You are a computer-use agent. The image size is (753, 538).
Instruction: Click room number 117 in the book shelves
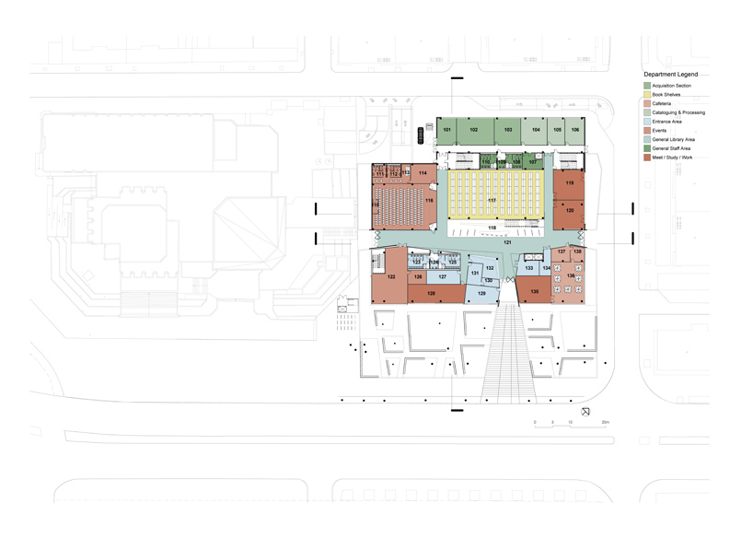point(492,200)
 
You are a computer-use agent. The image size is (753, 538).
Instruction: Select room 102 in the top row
point(473,130)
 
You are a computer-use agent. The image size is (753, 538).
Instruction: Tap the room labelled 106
point(574,130)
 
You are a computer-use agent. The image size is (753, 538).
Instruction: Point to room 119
point(570,184)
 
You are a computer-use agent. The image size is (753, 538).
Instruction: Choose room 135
point(534,292)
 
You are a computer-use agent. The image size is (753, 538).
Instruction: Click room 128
point(431,293)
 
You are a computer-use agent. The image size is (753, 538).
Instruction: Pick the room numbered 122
point(391,276)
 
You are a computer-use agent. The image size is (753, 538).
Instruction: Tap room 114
point(423,173)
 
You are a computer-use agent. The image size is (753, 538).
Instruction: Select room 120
point(570,211)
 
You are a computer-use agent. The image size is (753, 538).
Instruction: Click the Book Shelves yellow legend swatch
point(647,95)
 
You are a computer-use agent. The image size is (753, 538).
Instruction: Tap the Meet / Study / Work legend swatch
point(647,157)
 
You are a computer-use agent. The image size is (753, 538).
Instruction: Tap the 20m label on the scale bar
point(604,422)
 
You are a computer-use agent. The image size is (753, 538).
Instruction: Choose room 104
point(536,130)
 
